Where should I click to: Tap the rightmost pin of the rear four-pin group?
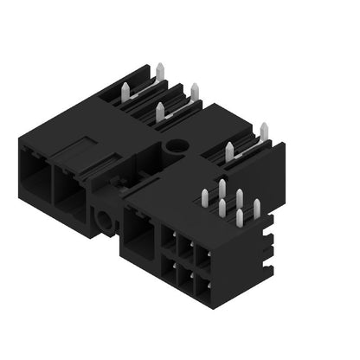(x=194, y=90)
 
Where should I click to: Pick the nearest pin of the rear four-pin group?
(x=160, y=110)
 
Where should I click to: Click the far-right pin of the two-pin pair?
(x=263, y=132)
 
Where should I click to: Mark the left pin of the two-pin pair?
(x=229, y=151)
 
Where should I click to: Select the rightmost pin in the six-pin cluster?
(x=257, y=208)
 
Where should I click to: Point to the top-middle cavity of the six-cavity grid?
(x=184, y=250)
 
